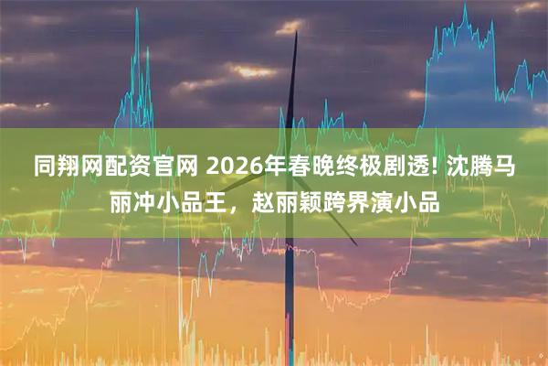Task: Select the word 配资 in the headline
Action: point(127,167)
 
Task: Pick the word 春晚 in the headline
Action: point(287,167)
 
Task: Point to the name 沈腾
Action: point(453,167)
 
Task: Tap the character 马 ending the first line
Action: point(501,167)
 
